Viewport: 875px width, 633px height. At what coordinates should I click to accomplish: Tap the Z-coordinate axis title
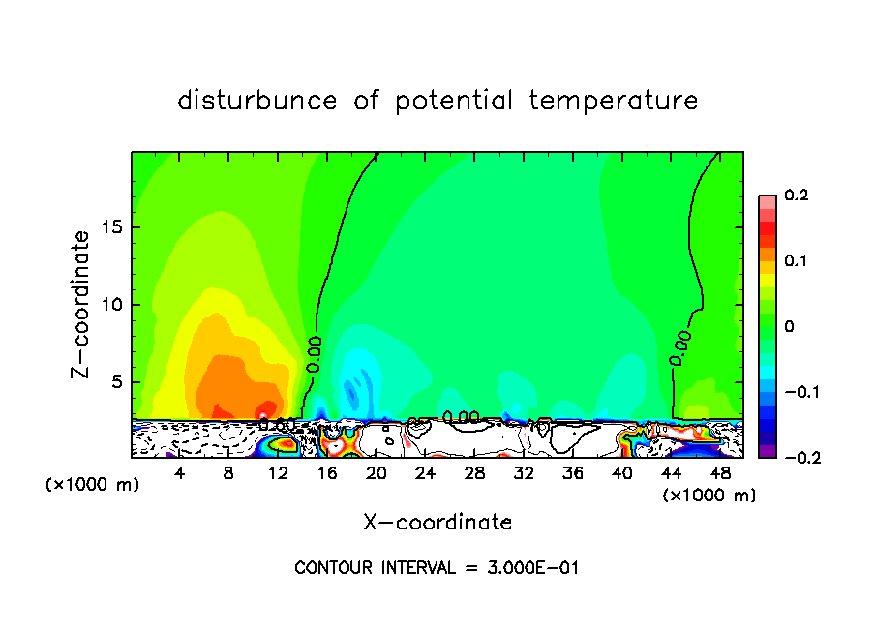pyautogui.click(x=82, y=304)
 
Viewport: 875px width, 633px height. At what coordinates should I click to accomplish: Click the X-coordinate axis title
pyautogui.click(x=437, y=523)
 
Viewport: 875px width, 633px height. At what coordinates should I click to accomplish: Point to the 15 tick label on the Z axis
pyautogui.click(x=113, y=228)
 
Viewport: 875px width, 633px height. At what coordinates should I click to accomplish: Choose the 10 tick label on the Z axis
pyautogui.click(x=113, y=305)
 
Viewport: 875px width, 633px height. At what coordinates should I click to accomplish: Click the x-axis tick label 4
pyautogui.click(x=180, y=473)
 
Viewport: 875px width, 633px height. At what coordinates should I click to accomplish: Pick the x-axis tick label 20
pyautogui.click(x=377, y=473)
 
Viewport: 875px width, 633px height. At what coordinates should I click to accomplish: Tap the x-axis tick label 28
pyautogui.click(x=474, y=473)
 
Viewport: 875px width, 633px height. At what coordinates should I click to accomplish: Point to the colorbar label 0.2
pyautogui.click(x=796, y=196)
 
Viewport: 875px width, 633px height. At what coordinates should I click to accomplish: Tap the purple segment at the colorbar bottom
pyautogui.click(x=768, y=451)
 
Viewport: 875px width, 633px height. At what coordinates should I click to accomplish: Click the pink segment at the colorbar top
pyautogui.click(x=768, y=201)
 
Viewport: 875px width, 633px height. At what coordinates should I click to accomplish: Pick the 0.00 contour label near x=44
pyautogui.click(x=680, y=347)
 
